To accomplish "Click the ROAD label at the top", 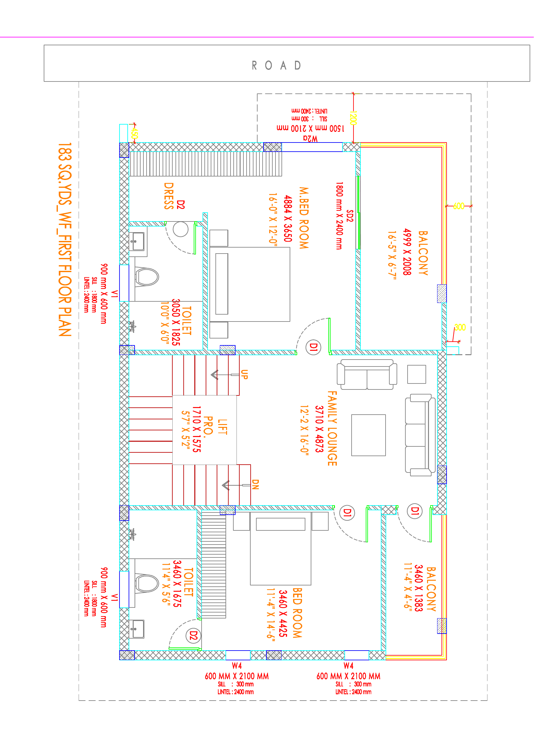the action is point(276,65).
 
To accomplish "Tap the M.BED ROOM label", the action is point(304,218).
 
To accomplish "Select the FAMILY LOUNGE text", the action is point(332,428).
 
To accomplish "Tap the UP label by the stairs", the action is point(244,374).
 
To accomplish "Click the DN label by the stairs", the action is point(255,484).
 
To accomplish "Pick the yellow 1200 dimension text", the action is point(353,118).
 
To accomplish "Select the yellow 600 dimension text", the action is point(459,206).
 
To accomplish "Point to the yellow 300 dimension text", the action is point(460,327).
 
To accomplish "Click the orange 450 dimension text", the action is point(134,133).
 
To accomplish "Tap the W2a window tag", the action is point(310,138).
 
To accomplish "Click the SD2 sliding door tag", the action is point(350,216).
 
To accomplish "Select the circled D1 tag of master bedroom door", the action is point(313,347).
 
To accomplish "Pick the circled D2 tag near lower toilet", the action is point(193,636).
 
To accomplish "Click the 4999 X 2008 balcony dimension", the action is point(407,252).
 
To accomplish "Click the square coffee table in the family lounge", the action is point(368,435).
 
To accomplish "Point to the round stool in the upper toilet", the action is point(181,229).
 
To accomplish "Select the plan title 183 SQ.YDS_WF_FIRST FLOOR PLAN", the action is point(65,239).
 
